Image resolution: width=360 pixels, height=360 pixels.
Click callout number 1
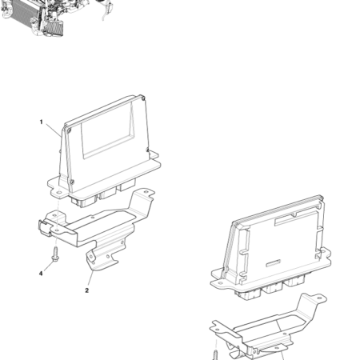click(41, 122)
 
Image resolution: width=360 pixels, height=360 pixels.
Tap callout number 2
click(86, 290)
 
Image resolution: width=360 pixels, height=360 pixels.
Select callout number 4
click(41, 274)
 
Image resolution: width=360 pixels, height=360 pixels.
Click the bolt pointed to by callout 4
click(56, 254)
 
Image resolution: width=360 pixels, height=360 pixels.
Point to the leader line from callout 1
click(53, 130)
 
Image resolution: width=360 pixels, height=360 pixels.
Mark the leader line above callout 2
click(90, 278)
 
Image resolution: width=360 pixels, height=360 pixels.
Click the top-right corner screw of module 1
click(144, 98)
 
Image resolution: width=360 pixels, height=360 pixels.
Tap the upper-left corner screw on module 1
click(69, 130)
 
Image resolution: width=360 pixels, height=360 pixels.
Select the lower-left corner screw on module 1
click(71, 182)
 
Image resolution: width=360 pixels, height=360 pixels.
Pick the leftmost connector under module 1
click(83, 201)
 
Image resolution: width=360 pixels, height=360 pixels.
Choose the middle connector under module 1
click(107, 193)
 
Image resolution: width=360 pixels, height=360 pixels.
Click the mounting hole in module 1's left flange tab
click(58, 192)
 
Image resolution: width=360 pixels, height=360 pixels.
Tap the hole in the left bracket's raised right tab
click(146, 192)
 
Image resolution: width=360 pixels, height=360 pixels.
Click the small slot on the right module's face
click(274, 263)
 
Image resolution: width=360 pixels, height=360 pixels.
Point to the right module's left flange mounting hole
click(220, 283)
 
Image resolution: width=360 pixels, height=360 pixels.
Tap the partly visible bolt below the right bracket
click(215, 355)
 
